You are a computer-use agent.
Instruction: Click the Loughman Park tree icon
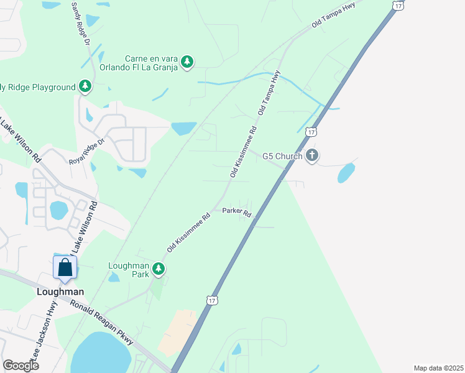coord(160,269)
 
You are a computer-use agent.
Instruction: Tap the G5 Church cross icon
coord(312,155)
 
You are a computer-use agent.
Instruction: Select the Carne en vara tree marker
coord(187,62)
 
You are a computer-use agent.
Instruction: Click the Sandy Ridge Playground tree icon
coord(85,87)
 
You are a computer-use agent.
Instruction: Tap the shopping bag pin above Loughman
coord(65,269)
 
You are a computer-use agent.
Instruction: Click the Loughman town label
coord(61,291)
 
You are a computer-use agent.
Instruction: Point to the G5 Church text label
coord(282,156)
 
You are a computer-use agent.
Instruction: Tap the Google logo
coord(21,365)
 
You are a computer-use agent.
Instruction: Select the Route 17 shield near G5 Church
coord(312,132)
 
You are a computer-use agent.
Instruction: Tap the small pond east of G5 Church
coord(346,173)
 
